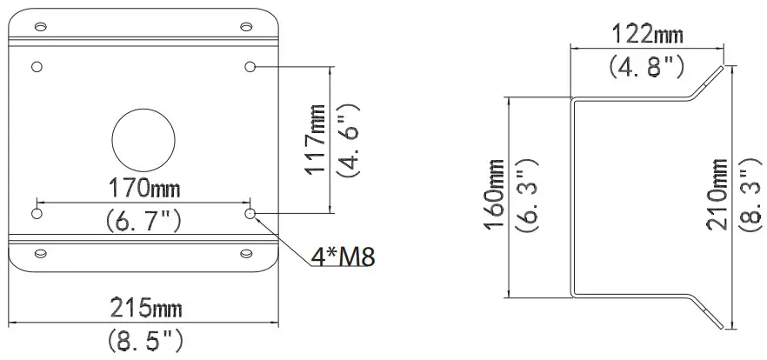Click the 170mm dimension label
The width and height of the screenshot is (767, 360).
point(144,188)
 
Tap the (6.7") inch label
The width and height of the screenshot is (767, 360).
point(143,222)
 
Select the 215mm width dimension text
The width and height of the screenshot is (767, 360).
point(144,309)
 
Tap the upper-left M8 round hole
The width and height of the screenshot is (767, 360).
point(37,67)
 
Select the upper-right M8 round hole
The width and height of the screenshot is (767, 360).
point(250,67)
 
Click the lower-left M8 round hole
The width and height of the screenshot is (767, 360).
point(37,213)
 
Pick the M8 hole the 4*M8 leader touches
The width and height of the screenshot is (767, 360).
point(250,213)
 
